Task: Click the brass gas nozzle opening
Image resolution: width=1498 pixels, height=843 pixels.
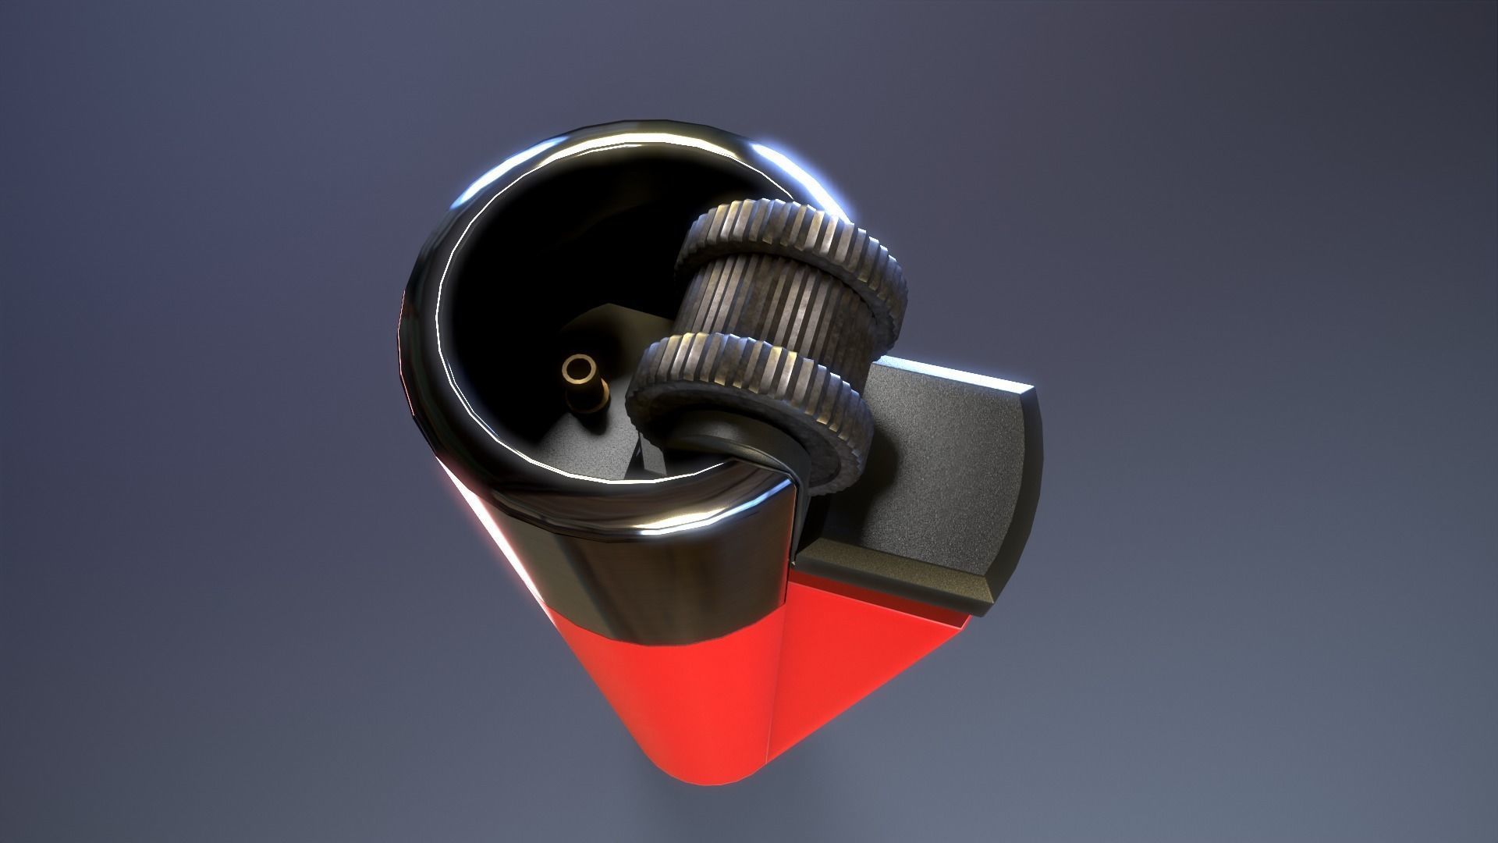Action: [x=580, y=368]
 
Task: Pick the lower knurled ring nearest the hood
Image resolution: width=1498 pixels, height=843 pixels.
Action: [x=749, y=367]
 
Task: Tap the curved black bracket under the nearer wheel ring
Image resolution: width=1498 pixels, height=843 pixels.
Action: [x=733, y=453]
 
